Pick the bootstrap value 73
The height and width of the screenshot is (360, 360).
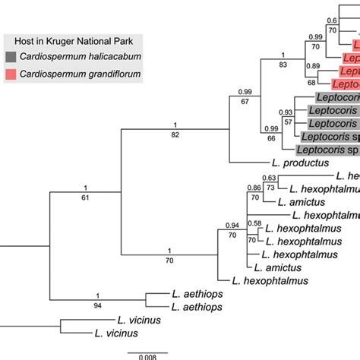click(270, 189)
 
